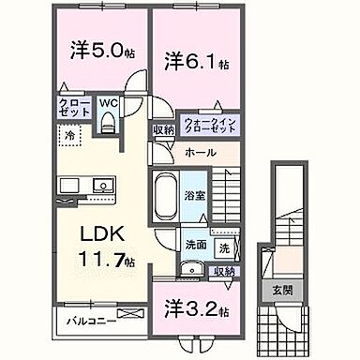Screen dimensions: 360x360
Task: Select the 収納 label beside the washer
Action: click(x=224, y=272)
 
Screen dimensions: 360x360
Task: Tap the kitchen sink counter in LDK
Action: click(x=71, y=184)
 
